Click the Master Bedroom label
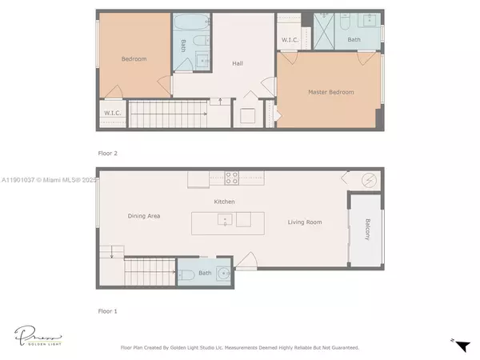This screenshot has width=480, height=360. (330, 93)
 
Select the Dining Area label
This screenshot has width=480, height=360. (145, 216)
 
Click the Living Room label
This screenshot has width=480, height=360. (305, 222)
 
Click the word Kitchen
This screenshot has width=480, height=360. (224, 202)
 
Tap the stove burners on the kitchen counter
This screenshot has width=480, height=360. (233, 179)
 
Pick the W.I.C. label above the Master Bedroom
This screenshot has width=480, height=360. (290, 40)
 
